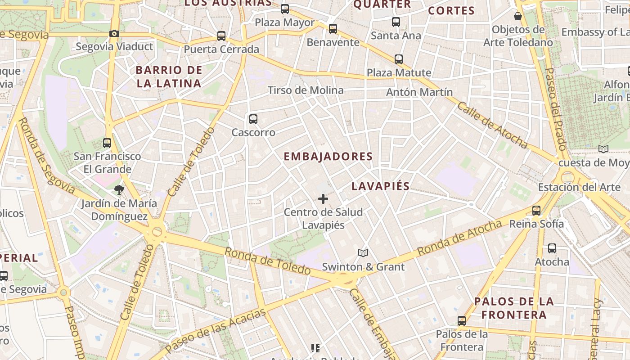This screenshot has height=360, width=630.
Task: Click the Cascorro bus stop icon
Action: pyautogui.click(x=253, y=119)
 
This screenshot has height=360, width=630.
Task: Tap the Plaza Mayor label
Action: pyautogui.click(x=285, y=22)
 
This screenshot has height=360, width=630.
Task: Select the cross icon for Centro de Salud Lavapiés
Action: pyautogui.click(x=323, y=198)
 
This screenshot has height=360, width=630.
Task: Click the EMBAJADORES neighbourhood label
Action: pyautogui.click(x=328, y=157)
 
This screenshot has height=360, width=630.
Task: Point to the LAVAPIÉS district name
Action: pyautogui.click(x=381, y=186)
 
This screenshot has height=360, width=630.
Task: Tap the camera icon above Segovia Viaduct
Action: pyautogui.click(x=114, y=33)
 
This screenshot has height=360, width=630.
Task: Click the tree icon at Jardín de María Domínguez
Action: pyautogui.click(x=119, y=190)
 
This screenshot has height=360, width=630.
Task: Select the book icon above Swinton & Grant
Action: pyautogui.click(x=363, y=253)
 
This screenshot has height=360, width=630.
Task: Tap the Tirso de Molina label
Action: pyautogui.click(x=306, y=90)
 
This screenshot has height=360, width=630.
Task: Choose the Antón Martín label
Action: pyautogui.click(x=419, y=92)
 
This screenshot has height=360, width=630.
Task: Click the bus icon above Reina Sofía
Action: pyautogui.click(x=536, y=210)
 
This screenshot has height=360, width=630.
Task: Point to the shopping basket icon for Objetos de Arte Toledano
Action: pyautogui.click(x=518, y=16)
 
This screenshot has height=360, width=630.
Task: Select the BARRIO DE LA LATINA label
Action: pyautogui.click(x=169, y=76)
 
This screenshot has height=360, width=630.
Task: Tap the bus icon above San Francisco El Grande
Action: pyautogui.click(x=107, y=143)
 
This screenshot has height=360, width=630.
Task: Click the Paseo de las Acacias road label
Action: pyautogui.click(x=215, y=330)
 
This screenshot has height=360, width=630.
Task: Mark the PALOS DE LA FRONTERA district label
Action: pyautogui.click(x=514, y=308)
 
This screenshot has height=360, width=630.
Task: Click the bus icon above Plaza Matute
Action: pyautogui.click(x=399, y=59)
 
